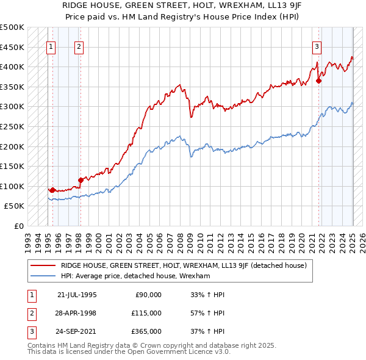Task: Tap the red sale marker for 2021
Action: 318,81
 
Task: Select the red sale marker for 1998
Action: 81,180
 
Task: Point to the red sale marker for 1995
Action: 52,190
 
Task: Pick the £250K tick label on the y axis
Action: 12,127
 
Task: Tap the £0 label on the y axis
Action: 20,226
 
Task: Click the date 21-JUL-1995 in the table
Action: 77,294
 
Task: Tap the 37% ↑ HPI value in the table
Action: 208,332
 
